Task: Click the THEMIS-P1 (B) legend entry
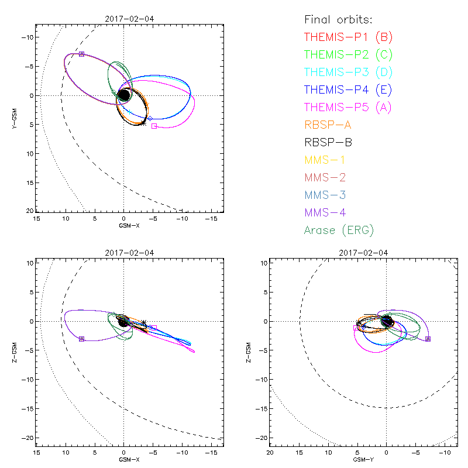pyautogui.click(x=349, y=37)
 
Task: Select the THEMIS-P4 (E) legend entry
pyautogui.click(x=348, y=90)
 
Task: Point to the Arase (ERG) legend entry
pyautogui.click(x=339, y=230)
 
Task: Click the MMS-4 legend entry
pyautogui.click(x=327, y=212)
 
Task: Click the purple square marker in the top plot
pyautogui.click(x=81, y=54)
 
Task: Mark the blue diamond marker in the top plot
pyautogui.click(x=150, y=118)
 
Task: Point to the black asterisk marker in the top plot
pyautogui.click(x=143, y=123)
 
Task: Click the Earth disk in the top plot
pyautogui.click(x=124, y=95)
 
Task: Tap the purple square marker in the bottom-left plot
pyautogui.click(x=81, y=339)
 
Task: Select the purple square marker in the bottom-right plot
pyautogui.click(x=428, y=339)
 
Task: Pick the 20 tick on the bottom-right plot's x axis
pyautogui.click(x=270, y=452)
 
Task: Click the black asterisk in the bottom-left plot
pyautogui.click(x=144, y=322)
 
